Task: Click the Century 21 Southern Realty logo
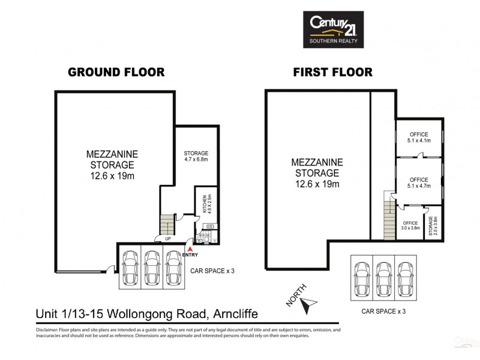332,29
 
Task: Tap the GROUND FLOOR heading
116,72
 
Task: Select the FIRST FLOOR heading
332,72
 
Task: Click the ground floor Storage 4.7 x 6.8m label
196,156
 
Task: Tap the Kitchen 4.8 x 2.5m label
205,204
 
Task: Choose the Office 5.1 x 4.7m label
418,183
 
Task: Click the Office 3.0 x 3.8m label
410,224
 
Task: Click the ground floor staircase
167,225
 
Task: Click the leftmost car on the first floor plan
362,278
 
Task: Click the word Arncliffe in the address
232,313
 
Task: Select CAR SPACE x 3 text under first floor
383,311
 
